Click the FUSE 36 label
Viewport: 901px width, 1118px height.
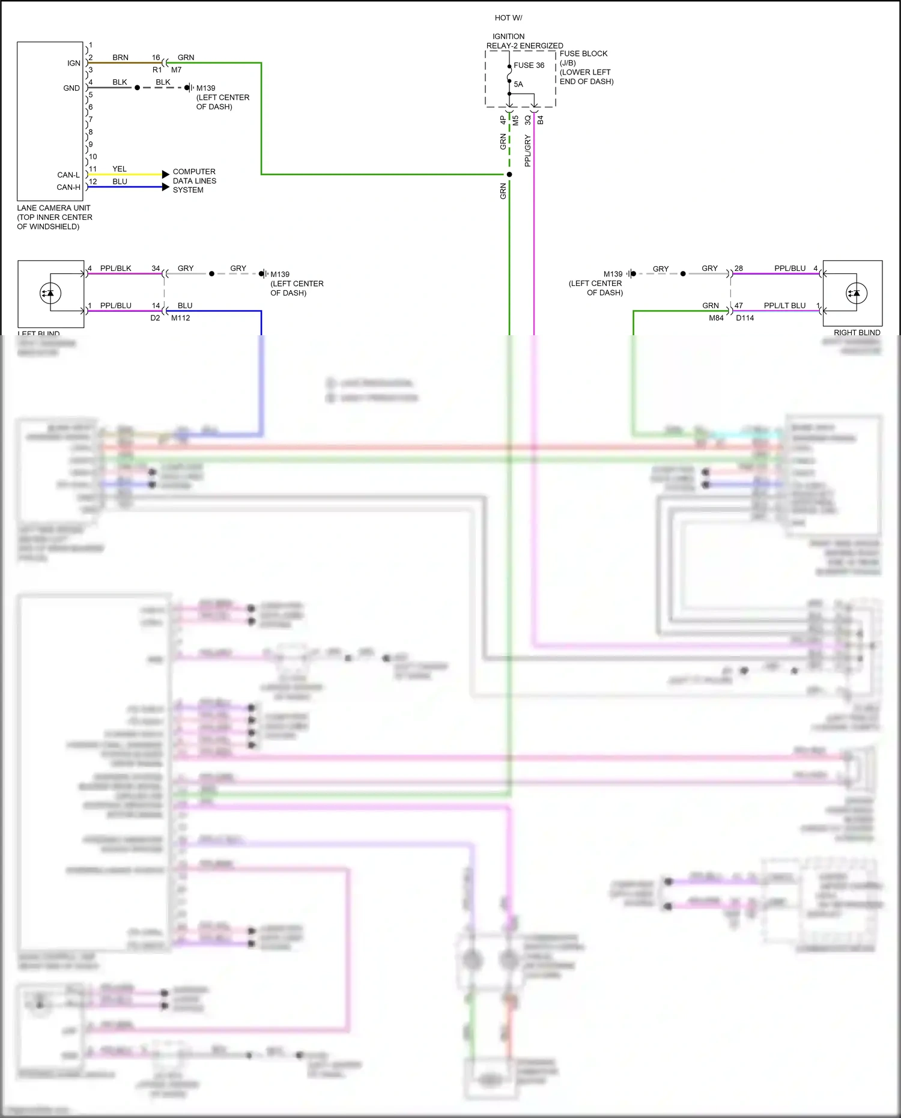click(529, 65)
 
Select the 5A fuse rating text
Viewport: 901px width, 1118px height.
click(518, 84)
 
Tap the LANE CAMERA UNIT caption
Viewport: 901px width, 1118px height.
click(53, 208)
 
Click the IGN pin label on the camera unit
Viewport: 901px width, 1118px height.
click(73, 63)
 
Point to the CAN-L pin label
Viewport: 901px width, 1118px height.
click(68, 175)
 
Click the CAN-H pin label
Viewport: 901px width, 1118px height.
click(68, 187)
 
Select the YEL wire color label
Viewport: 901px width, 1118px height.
click(120, 169)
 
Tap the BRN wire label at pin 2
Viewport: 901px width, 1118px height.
click(120, 58)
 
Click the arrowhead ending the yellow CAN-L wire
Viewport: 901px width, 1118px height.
click(166, 174)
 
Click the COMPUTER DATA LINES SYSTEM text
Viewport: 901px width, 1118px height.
click(194, 181)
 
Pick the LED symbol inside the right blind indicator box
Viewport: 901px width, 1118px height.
click(855, 293)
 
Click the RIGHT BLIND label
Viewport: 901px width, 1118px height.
click(857, 332)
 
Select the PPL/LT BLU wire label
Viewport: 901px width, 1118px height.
click(784, 305)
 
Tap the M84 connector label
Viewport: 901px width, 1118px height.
click(716, 318)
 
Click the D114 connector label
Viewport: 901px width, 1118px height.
click(745, 318)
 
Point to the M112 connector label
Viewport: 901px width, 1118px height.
click(180, 318)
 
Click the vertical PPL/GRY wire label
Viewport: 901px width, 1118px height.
click(527, 150)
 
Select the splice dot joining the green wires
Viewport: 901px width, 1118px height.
click(509, 174)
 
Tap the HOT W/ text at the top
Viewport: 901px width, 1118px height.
click(508, 18)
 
